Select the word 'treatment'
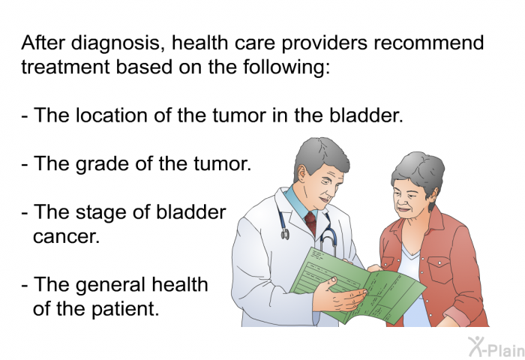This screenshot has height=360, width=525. pyautogui.click(x=65, y=67)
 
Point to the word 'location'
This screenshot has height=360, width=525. pyautogui.click(x=112, y=115)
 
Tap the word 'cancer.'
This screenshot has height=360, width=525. pyautogui.click(x=67, y=236)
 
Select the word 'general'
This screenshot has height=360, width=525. pyautogui.click(x=111, y=285)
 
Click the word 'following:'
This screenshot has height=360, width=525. pyautogui.click(x=286, y=67)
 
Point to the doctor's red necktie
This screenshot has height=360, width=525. pyautogui.click(x=311, y=223)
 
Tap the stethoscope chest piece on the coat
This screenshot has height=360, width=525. pyautogui.click(x=285, y=233)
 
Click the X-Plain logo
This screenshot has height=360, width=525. pyautogui.click(x=496, y=346)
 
